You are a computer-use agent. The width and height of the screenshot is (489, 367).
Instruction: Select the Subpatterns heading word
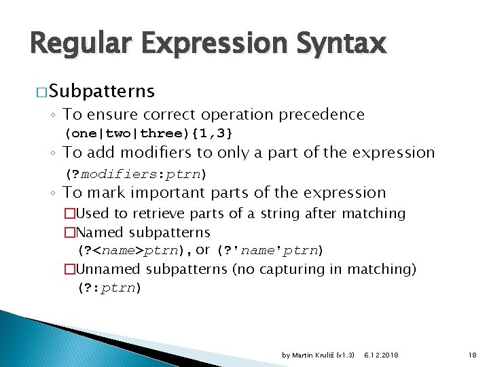pos(102,91)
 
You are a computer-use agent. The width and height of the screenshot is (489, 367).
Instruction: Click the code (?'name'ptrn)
pos(270,251)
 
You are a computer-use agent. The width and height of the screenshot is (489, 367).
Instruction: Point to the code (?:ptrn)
pos(109,287)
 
